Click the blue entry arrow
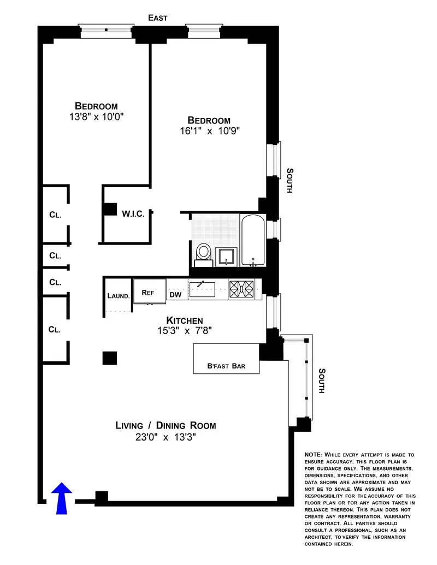pyautogui.click(x=62, y=497)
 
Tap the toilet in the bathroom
pyautogui.click(x=204, y=252)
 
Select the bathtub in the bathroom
pyautogui.click(x=253, y=240)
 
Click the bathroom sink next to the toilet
pyautogui.click(x=226, y=255)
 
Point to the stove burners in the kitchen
pyautogui.click(x=241, y=288)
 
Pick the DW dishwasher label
pyautogui.click(x=175, y=295)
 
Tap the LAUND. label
pyautogui.click(x=119, y=296)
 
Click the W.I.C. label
pyautogui.click(x=133, y=213)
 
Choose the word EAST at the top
pyautogui.click(x=158, y=18)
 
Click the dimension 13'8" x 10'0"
pyautogui.click(x=96, y=117)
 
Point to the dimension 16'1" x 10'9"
pyautogui.click(x=209, y=131)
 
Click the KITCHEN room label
pyautogui.click(x=185, y=320)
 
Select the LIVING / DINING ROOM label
pyautogui.click(x=166, y=425)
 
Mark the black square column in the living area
pyautogui.click(x=110, y=358)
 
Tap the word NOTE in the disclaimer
pyautogui.click(x=314, y=455)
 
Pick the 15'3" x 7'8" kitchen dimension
pyautogui.click(x=185, y=330)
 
